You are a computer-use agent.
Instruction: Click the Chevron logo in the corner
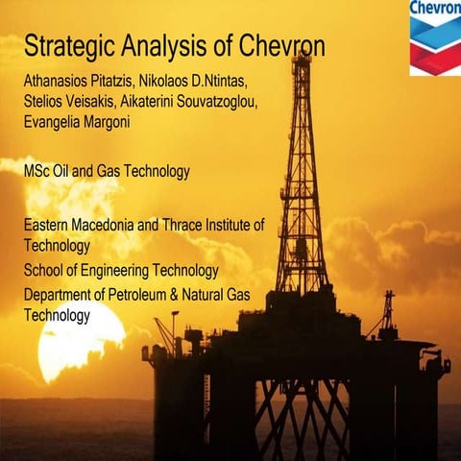[x=434, y=37]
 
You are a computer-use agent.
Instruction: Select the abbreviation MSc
[x=38, y=172]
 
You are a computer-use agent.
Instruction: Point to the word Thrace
[x=203, y=227]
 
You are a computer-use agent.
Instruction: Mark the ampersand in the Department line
[x=188, y=295]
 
